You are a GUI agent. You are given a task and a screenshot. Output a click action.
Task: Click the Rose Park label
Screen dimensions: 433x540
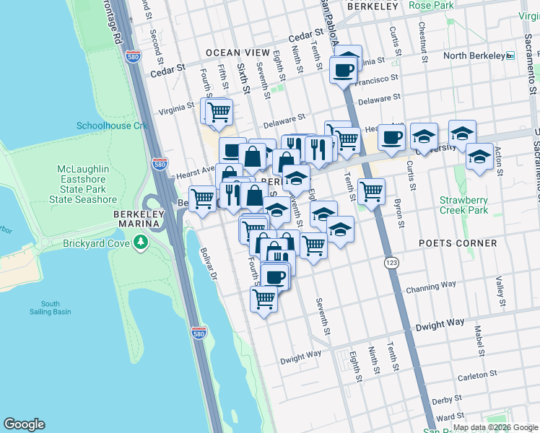click(431, 6)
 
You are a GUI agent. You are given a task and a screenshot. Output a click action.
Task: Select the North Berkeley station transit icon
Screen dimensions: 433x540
click(510, 56)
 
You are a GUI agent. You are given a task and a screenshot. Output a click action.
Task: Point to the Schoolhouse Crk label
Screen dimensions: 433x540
click(112, 126)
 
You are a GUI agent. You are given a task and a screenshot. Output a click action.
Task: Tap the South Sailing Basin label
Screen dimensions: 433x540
click(51, 308)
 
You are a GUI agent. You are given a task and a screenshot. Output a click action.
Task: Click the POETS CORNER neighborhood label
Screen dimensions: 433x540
click(458, 243)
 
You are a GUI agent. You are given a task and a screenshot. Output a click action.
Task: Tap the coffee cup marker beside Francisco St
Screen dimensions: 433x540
click(343, 71)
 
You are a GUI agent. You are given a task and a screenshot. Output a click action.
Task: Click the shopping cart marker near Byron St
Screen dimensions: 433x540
click(371, 192)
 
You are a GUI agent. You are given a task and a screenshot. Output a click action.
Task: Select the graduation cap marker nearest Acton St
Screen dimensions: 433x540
click(479, 157)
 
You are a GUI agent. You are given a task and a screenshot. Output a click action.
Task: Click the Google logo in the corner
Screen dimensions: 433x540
click(24, 424)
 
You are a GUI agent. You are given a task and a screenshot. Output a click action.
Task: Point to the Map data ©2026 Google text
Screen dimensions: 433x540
click(495, 427)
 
